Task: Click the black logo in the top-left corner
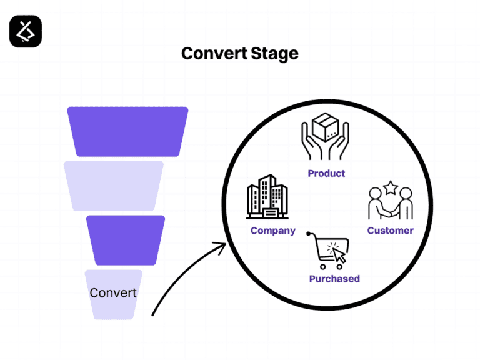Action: tap(26, 31)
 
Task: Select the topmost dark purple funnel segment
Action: tap(127, 131)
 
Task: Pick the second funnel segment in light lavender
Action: tap(114, 186)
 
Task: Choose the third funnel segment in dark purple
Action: tap(126, 240)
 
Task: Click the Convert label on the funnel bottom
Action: tap(113, 292)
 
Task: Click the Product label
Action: tap(326, 173)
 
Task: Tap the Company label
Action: tap(272, 231)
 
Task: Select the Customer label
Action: tap(390, 231)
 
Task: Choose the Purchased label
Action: tap(334, 279)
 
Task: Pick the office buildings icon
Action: tap(270, 198)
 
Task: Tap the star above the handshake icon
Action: tap(391, 187)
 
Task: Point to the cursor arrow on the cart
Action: tap(339, 256)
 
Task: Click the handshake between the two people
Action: tap(390, 211)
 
